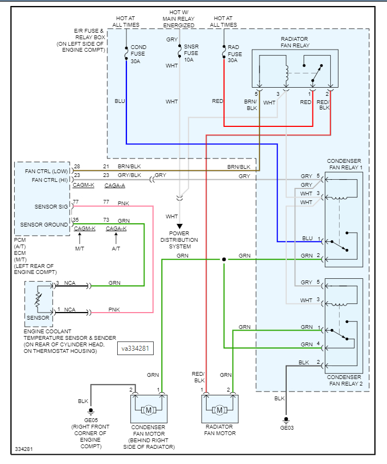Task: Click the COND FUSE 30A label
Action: click(138, 54)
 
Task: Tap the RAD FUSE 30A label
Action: click(235, 53)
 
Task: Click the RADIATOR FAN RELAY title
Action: click(294, 42)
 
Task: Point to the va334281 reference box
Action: click(135, 347)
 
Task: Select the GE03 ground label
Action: click(287, 428)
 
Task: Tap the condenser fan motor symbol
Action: click(148, 409)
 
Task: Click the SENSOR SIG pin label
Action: click(51, 207)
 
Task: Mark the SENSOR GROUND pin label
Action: click(44, 224)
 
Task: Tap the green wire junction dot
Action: click(223, 259)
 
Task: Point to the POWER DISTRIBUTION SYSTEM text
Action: click(179, 240)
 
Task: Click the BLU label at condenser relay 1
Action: click(307, 238)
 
